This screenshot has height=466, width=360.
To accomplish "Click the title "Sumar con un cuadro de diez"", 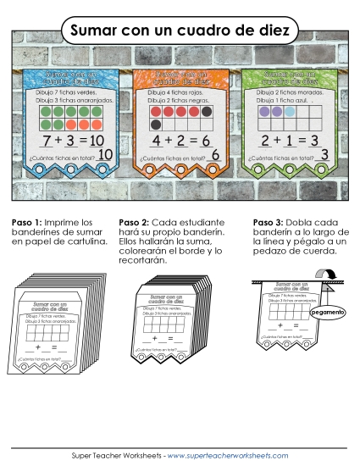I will [180, 31].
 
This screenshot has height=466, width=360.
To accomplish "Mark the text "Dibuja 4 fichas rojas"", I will [177, 91].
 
